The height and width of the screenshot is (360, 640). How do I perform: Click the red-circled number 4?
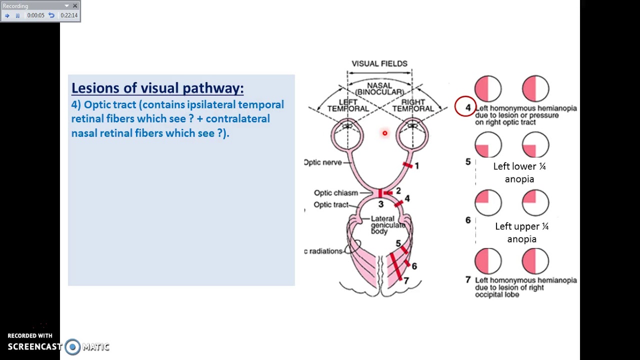pyautogui.click(x=467, y=107)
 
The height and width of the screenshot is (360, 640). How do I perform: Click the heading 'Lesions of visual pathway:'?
pyautogui.click(x=157, y=88)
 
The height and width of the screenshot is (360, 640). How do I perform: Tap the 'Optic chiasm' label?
pyautogui.click(x=336, y=193)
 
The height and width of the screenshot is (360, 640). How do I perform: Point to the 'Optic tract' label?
pyautogui.click(x=331, y=205)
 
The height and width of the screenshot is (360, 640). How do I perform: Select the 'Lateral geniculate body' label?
pyautogui.click(x=387, y=225)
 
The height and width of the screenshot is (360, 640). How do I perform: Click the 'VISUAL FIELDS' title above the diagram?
pyautogui.click(x=379, y=63)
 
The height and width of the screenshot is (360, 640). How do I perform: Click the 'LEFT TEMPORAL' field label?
pyautogui.click(x=348, y=105)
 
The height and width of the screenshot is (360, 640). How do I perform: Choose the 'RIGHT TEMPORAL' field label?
pyautogui.click(x=413, y=105)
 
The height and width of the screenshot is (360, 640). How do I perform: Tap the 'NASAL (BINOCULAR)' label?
pyautogui.click(x=379, y=89)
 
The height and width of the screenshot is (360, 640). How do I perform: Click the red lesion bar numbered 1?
pyautogui.click(x=407, y=165)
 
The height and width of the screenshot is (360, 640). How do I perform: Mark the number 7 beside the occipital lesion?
pyautogui.click(x=406, y=281)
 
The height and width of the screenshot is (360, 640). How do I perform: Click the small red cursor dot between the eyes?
pyautogui.click(x=384, y=133)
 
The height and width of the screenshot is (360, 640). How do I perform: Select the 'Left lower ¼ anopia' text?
pyautogui.click(x=519, y=172)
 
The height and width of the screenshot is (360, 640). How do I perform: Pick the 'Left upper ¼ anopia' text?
pyautogui.click(x=521, y=232)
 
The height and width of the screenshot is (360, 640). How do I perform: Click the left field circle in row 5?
pyautogui.click(x=488, y=145)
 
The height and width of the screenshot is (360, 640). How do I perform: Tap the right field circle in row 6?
pyautogui.click(x=535, y=202)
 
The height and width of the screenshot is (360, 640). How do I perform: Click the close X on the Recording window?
pyautogui.click(x=75, y=6)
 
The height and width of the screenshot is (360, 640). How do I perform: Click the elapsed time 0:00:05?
pyautogui.click(x=36, y=15)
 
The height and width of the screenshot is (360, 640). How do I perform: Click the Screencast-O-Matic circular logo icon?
pyautogui.click(x=72, y=347)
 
